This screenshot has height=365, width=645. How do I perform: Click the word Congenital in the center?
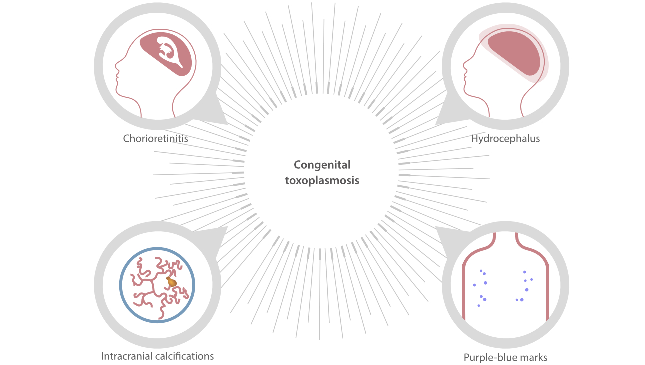click(x=322, y=165)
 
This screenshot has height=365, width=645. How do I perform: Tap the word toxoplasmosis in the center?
click(x=322, y=181)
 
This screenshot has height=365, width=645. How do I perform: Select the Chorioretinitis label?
click(x=156, y=138)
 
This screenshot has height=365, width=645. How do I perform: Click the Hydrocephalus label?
click(x=505, y=139)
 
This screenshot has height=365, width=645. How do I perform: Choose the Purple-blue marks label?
click(x=505, y=357)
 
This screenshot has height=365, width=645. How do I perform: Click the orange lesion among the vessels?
click(x=171, y=282)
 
